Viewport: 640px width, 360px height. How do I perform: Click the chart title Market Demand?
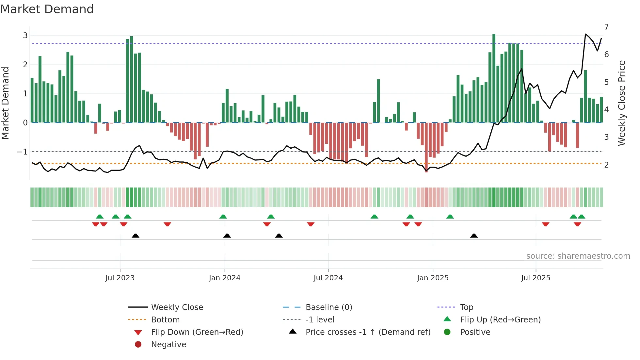point(47,9)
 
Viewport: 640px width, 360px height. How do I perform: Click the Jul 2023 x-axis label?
point(120,278)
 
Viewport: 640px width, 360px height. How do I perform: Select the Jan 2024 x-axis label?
point(225,278)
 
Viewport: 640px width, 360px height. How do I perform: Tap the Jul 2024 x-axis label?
point(328,278)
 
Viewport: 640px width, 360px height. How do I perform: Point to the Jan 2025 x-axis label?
point(433,278)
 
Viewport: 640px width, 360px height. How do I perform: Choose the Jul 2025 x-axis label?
point(536,278)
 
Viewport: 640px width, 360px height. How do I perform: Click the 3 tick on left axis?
point(25,35)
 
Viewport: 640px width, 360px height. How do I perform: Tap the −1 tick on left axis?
point(22,152)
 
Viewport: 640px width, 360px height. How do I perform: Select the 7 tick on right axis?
point(606,27)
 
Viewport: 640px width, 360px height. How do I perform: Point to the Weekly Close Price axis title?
point(622,103)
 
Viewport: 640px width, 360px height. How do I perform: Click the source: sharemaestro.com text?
point(578,256)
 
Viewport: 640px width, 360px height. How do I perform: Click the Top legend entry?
point(467,307)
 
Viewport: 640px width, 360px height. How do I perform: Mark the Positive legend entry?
point(475,332)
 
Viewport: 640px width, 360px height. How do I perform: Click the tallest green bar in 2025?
point(494,78)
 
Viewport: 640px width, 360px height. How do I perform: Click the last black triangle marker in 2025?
point(474,236)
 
